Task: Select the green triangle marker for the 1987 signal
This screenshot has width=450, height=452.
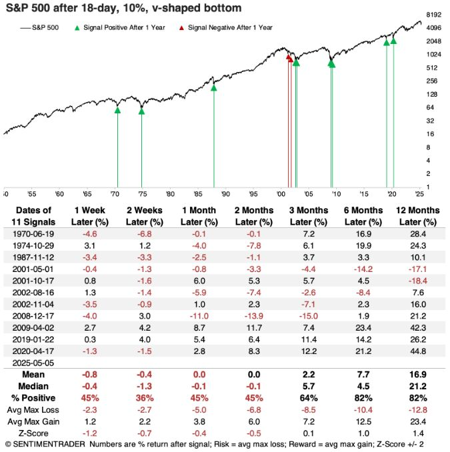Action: click(213, 87)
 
